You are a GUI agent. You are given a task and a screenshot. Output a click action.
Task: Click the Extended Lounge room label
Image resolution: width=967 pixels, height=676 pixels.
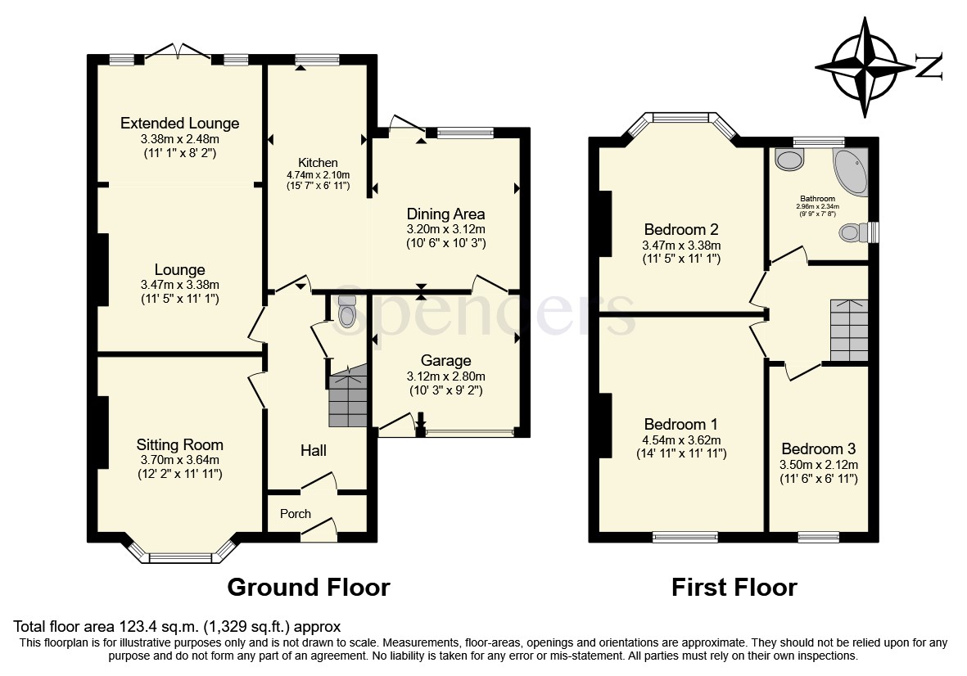[x=179, y=124]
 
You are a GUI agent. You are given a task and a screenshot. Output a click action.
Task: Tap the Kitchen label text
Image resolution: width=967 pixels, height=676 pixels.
[x=318, y=163]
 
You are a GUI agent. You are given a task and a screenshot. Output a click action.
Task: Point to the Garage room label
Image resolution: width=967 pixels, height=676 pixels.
[x=445, y=361]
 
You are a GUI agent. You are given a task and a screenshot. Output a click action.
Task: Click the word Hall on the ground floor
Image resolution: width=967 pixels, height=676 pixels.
[x=313, y=451]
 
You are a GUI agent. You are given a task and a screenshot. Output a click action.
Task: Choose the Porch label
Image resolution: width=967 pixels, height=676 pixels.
[x=296, y=514]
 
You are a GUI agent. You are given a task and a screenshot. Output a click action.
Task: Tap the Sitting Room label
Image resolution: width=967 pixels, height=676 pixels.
[x=179, y=445]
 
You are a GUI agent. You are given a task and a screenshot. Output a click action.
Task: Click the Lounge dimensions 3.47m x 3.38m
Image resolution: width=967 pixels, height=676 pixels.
[x=179, y=285]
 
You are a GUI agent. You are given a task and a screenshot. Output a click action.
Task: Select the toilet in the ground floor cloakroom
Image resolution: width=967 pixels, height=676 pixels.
[x=347, y=311]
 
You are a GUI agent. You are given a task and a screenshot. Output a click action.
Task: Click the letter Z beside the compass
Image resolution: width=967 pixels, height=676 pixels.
[x=929, y=67]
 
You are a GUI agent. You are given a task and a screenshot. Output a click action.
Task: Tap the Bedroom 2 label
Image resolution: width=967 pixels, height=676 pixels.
[x=681, y=229]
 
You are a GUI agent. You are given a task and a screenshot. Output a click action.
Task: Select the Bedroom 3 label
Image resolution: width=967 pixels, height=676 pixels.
[x=818, y=449]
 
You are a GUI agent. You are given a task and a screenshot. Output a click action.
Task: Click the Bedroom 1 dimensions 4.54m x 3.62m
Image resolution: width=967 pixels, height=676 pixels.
[x=681, y=439]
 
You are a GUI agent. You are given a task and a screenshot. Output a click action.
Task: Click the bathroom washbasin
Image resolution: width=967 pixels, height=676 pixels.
[x=790, y=160]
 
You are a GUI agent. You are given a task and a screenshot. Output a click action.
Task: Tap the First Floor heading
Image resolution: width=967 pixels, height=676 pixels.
[x=734, y=587]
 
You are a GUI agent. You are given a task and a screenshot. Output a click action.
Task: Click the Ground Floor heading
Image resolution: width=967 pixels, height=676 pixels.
[x=308, y=587]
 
